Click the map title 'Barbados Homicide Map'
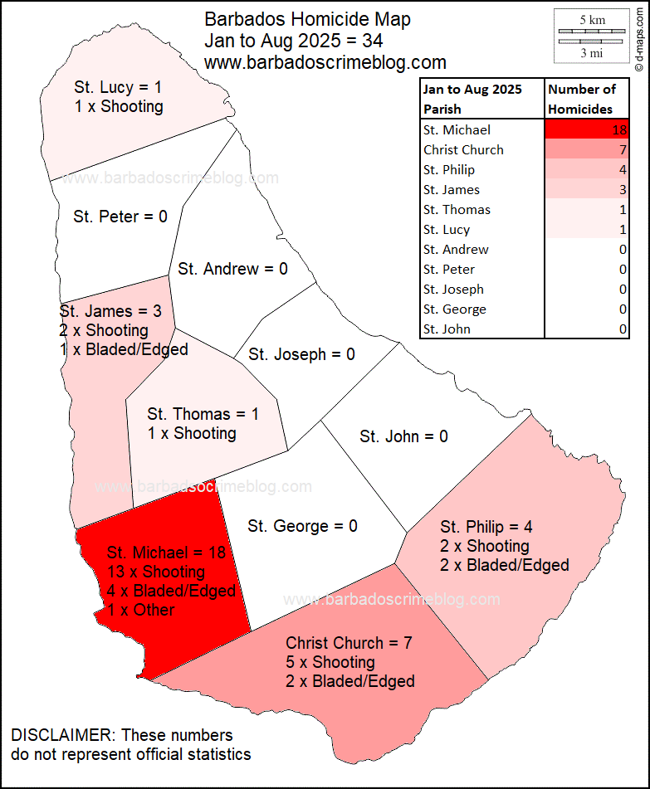(307, 20)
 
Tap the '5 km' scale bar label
(591, 18)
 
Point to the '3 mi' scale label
(591, 53)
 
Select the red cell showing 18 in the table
(586, 130)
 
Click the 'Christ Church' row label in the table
(463, 150)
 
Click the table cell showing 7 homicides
(586, 150)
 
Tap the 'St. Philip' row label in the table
(449, 170)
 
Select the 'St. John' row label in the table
(447, 329)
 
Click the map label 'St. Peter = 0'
(120, 217)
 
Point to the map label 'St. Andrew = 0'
(232, 269)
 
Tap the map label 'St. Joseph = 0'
(301, 354)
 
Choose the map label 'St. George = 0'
(302, 526)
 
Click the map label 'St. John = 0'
(403, 436)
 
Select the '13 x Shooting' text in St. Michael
(156, 572)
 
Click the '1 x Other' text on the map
(141, 610)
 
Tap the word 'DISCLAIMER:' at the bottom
(61, 736)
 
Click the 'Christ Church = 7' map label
(349, 643)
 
